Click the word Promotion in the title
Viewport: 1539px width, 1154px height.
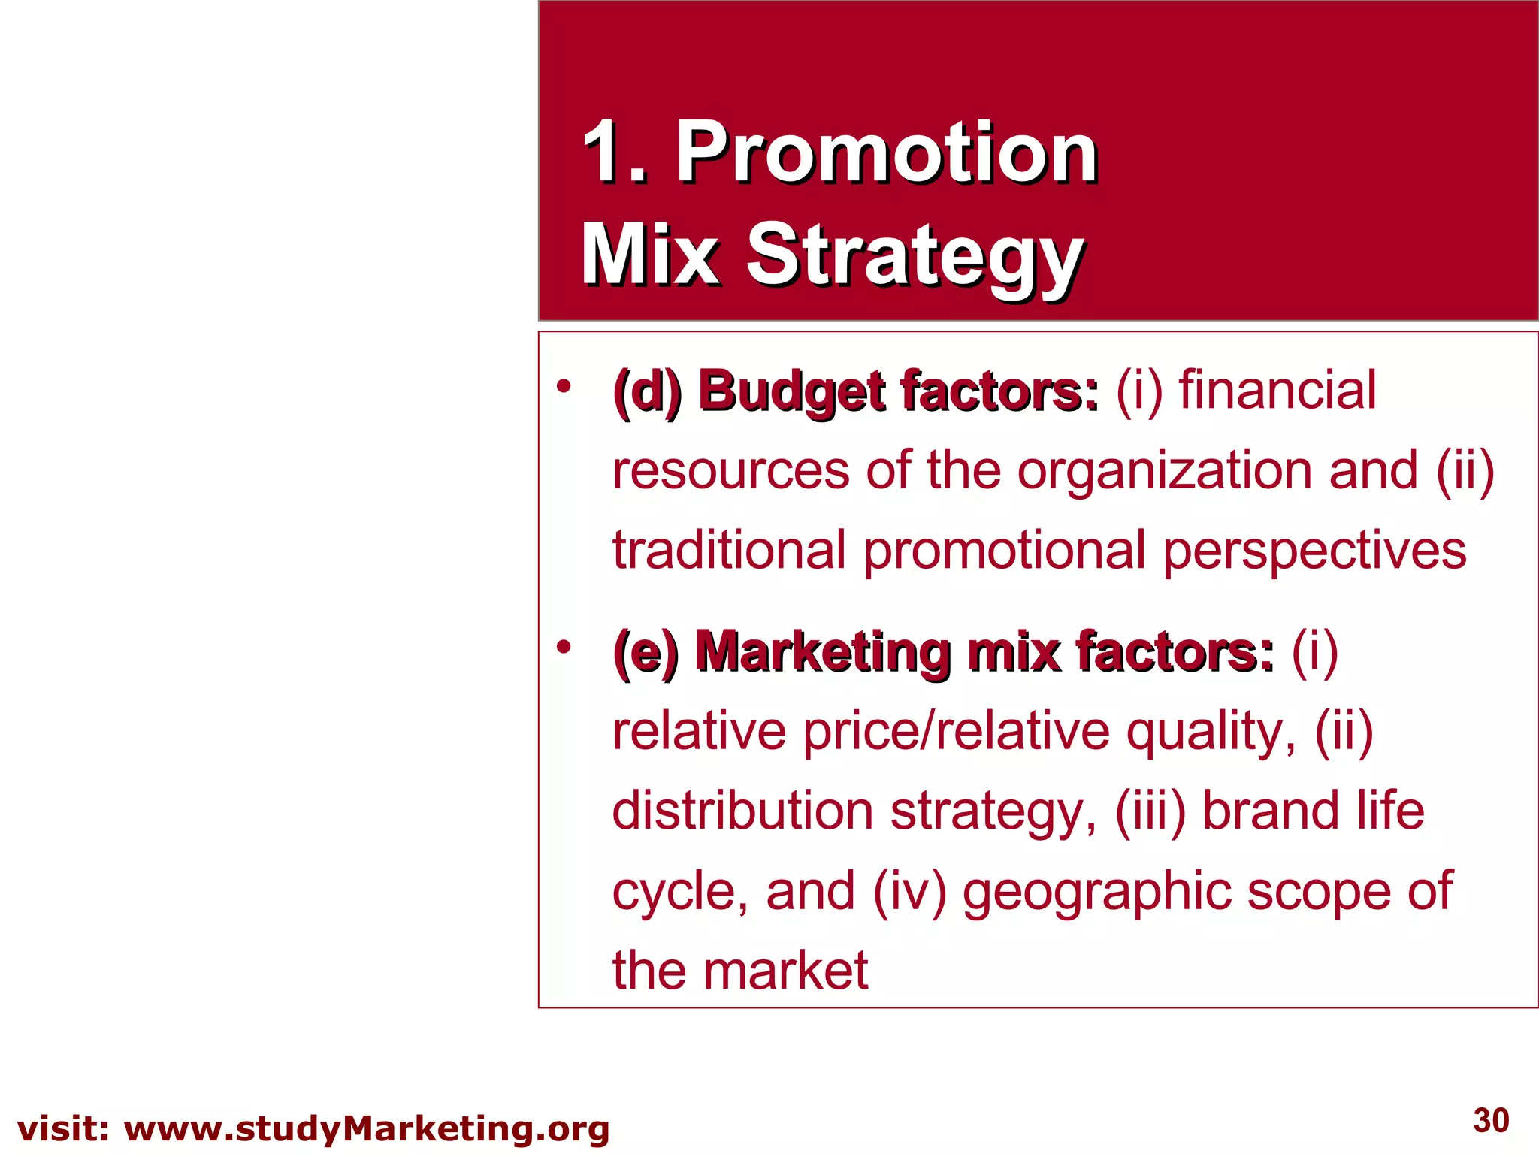coord(887,153)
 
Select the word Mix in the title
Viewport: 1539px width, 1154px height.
coord(650,255)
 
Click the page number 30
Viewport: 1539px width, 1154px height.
coord(1491,1121)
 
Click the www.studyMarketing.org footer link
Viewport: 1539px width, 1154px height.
coord(367,1129)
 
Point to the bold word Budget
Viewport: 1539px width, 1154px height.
coord(791,392)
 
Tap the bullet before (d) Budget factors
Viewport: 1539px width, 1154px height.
coord(564,387)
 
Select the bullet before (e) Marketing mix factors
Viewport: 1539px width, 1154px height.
coord(564,646)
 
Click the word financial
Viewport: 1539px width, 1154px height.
coord(1277,391)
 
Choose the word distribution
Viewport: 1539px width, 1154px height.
coord(742,811)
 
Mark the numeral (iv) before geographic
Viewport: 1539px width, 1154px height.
coord(909,893)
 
